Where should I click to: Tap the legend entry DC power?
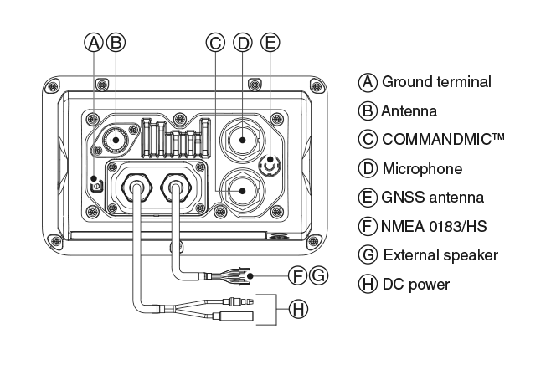click(x=415, y=285)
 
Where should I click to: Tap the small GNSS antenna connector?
click(x=270, y=165)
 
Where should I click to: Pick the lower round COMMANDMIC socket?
click(x=241, y=191)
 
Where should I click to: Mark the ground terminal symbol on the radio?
click(x=95, y=185)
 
